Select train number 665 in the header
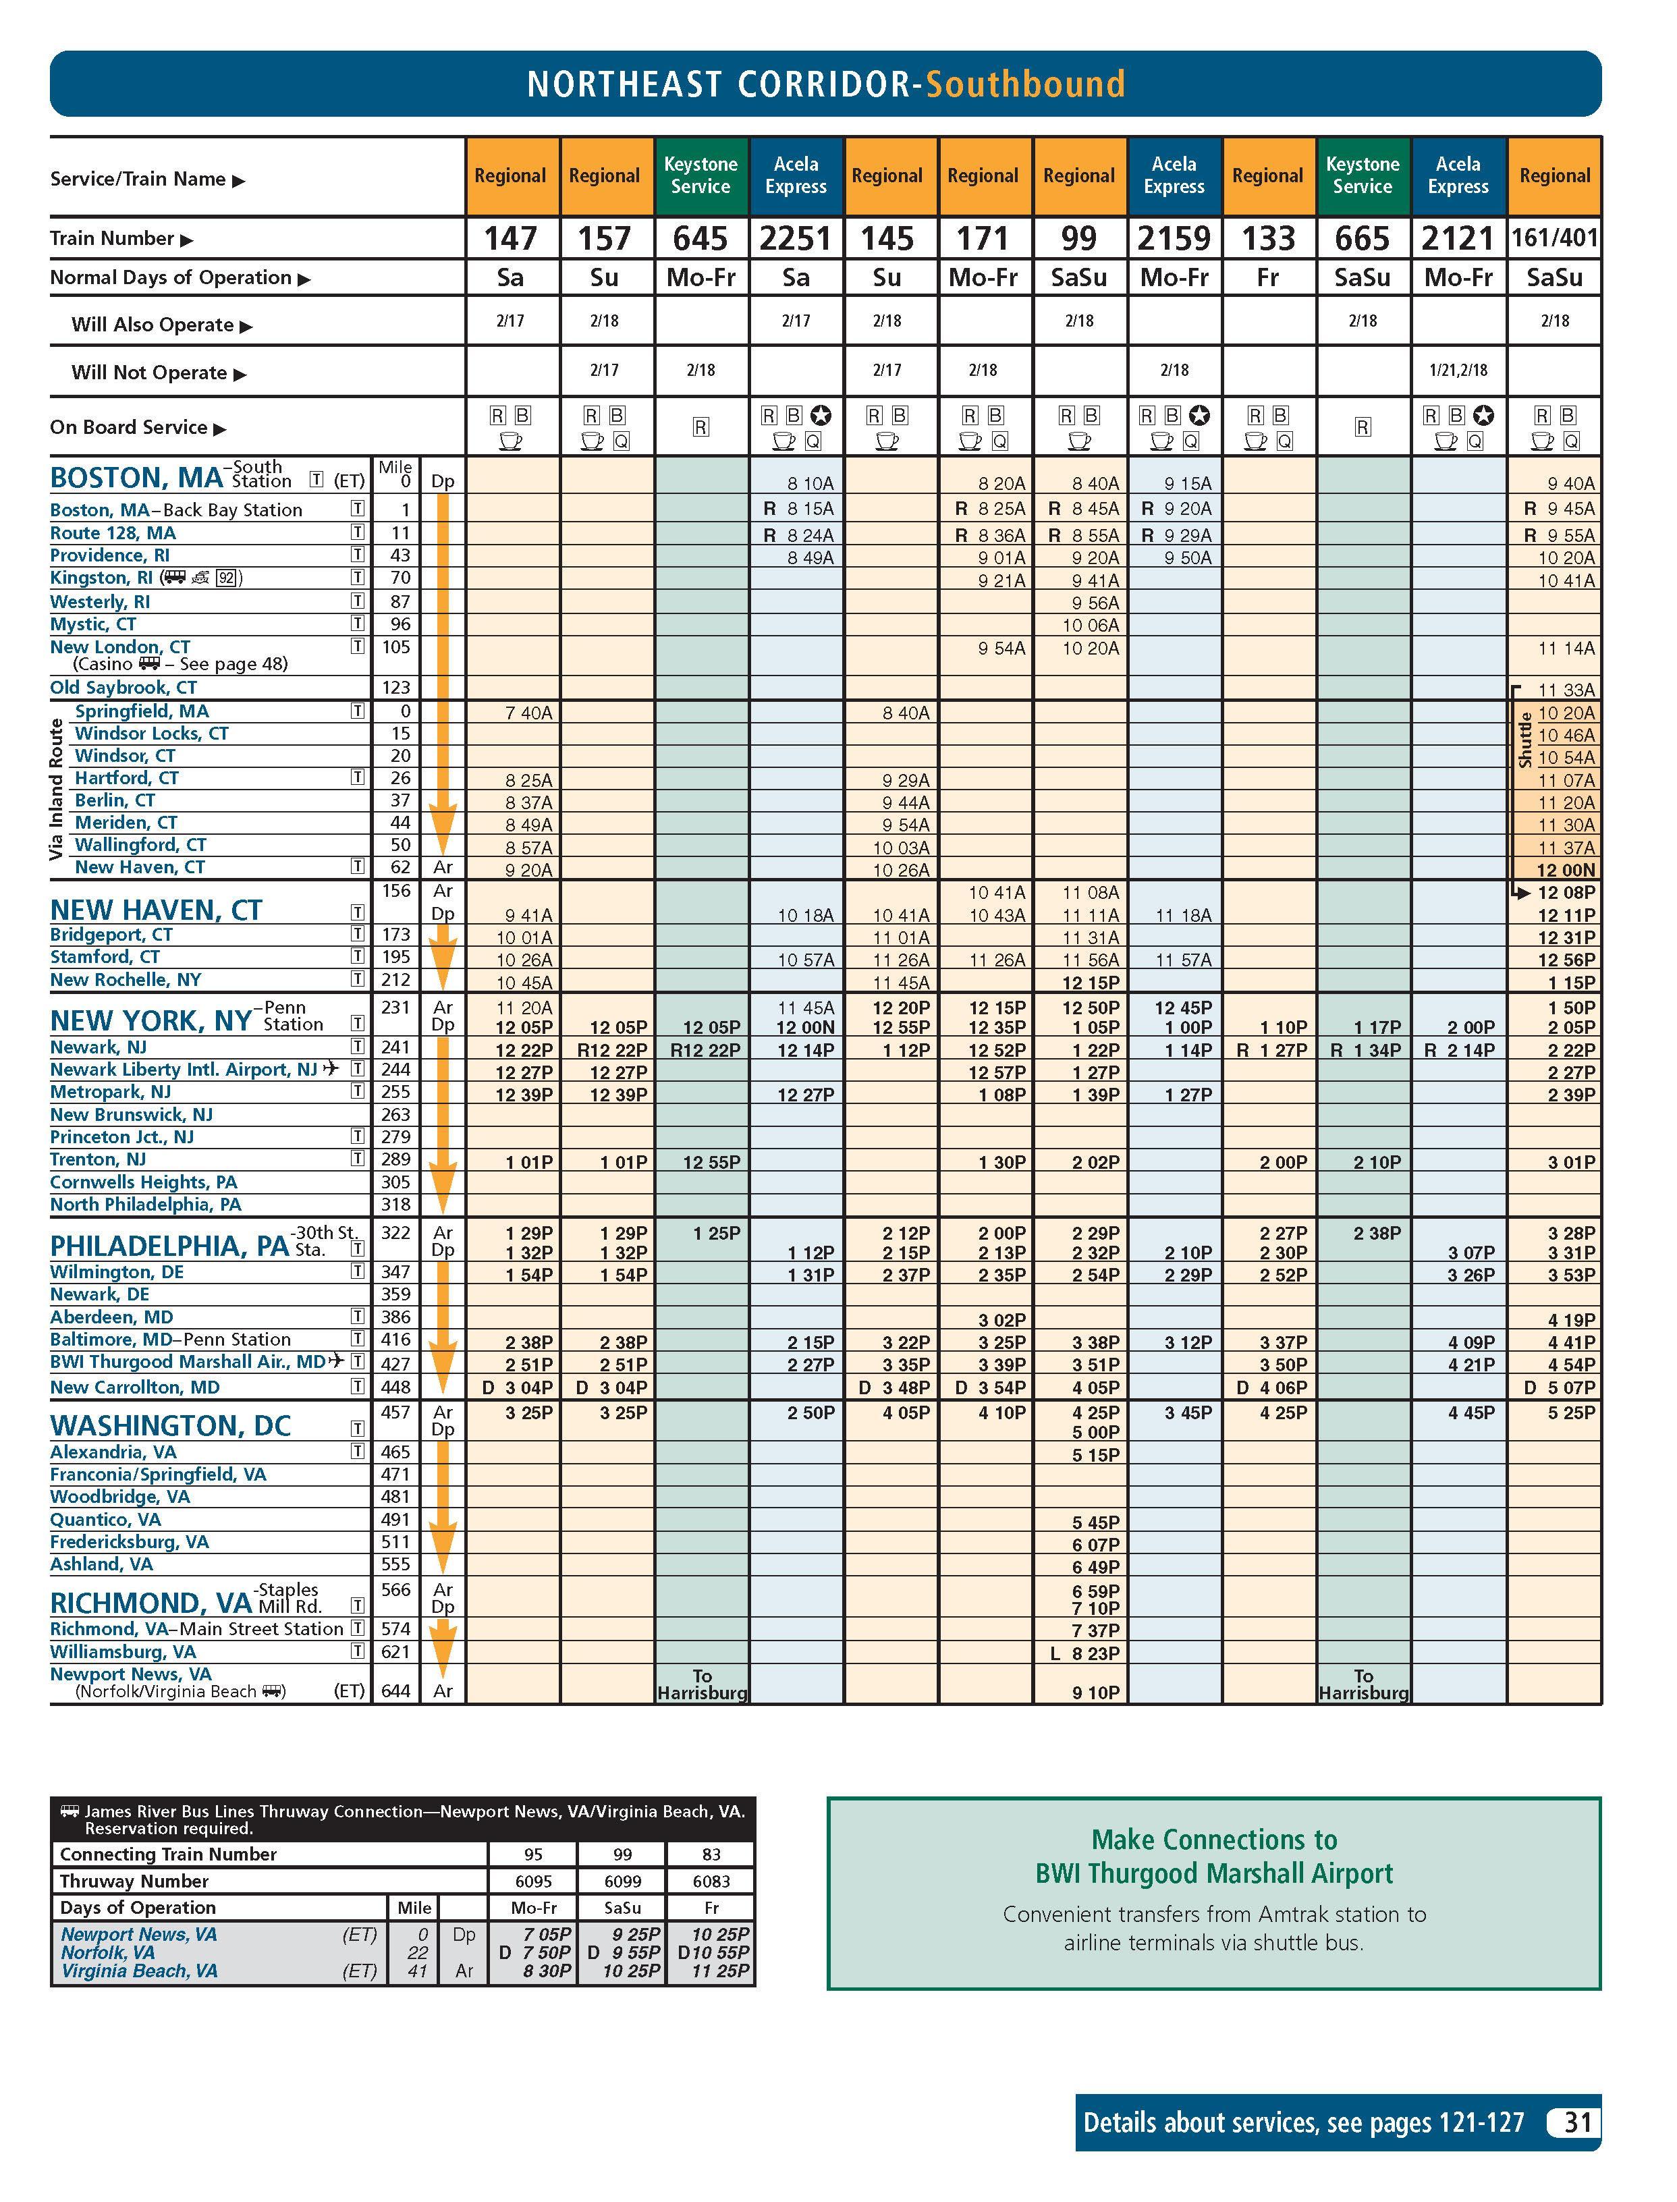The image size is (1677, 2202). [1362, 239]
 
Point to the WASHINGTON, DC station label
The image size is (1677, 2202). [169, 1425]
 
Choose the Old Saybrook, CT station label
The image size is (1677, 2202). [123, 688]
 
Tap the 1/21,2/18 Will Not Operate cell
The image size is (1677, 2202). [1458, 370]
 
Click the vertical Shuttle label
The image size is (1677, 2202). [1524, 740]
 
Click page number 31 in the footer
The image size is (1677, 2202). [1577, 2122]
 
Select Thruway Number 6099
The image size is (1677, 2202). [622, 1881]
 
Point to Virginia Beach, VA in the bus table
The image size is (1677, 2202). [139, 1971]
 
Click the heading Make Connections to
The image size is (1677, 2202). [1214, 1840]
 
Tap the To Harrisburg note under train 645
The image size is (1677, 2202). [702, 1685]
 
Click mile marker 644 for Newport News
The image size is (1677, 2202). [396, 1691]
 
